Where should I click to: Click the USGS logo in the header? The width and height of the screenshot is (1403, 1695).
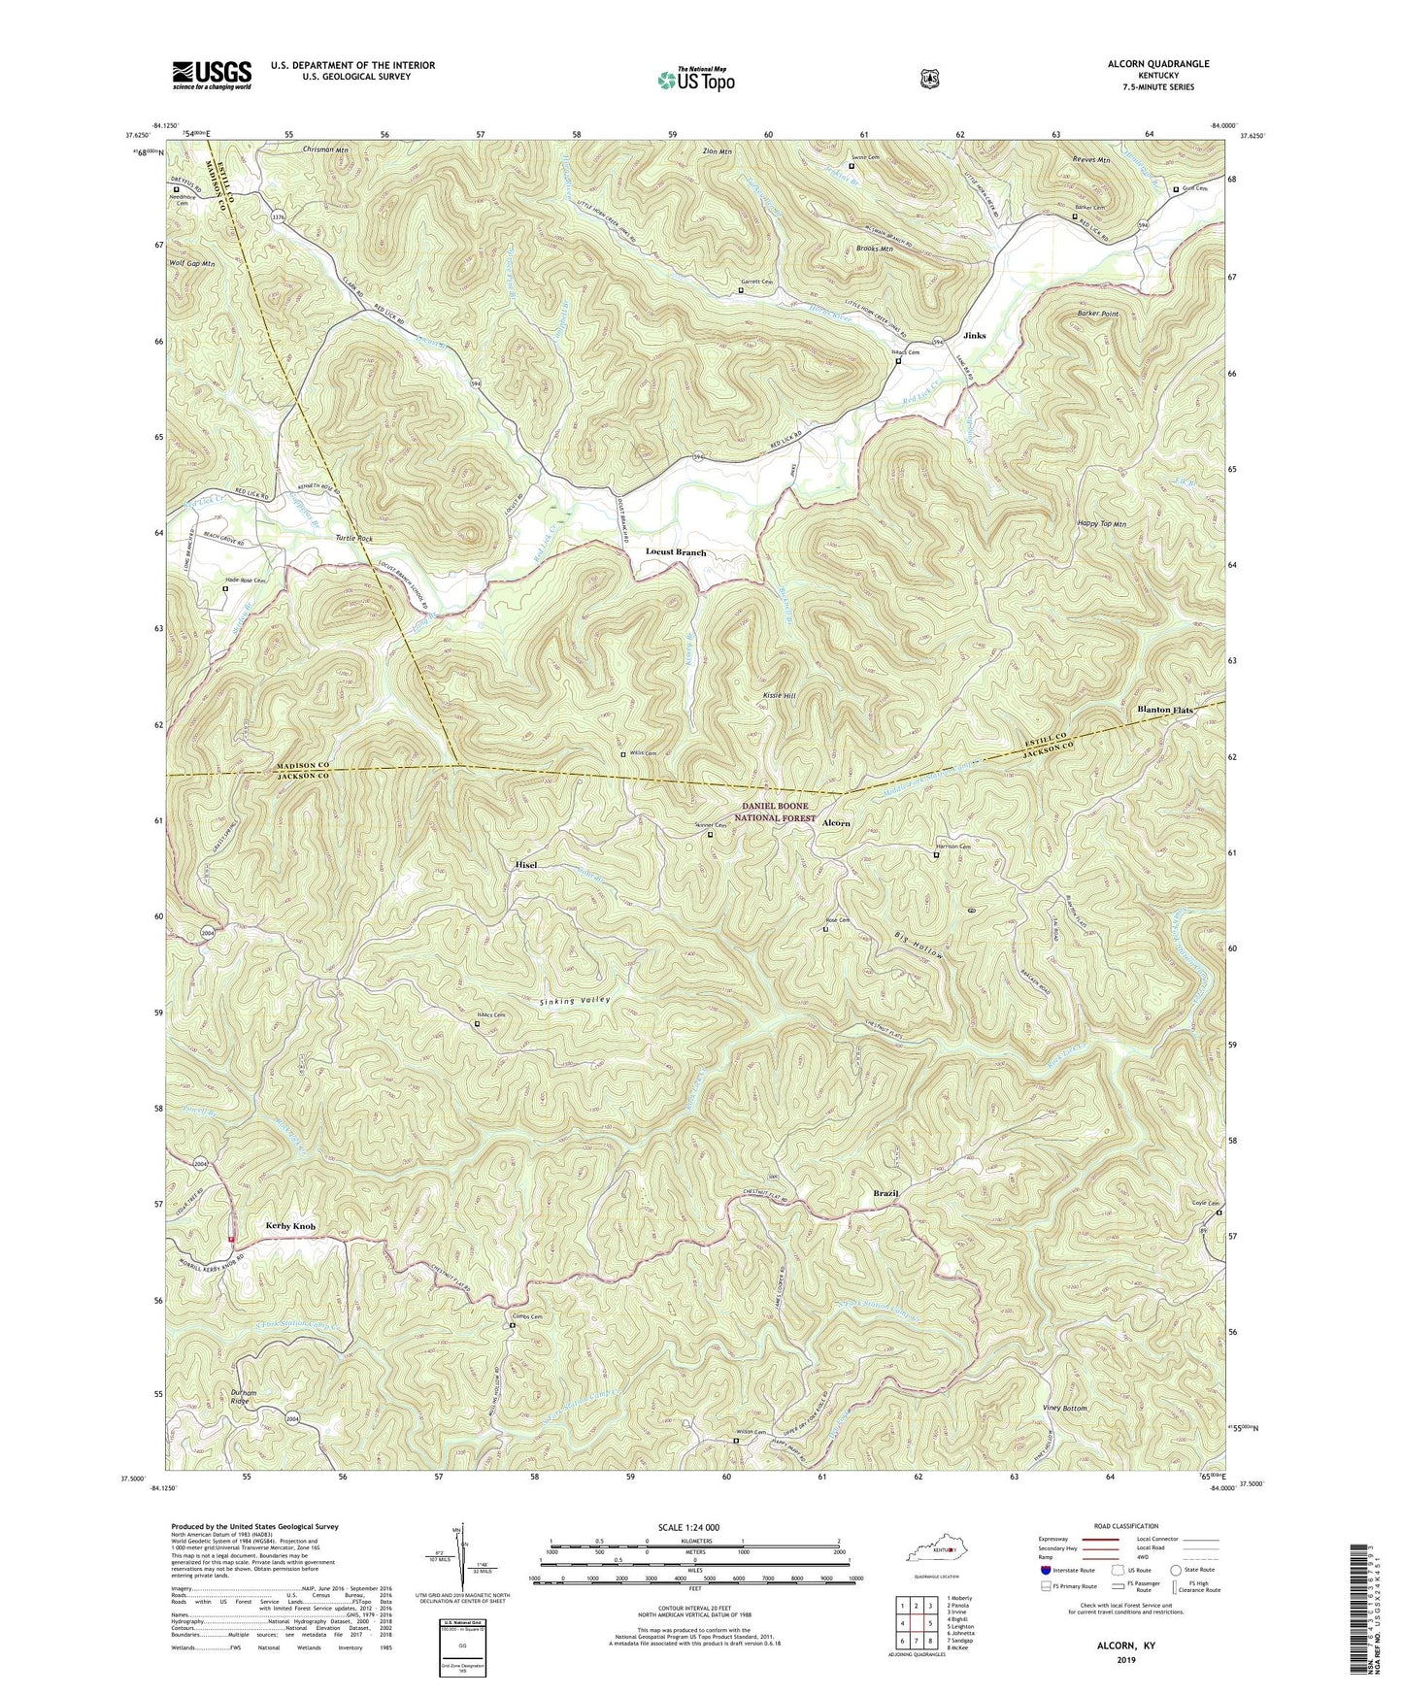tap(212, 74)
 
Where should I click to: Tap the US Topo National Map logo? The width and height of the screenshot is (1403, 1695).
tap(695, 79)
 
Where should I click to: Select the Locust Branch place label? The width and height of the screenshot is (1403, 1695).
tap(676, 552)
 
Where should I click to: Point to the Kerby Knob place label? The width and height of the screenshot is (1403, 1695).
tap(290, 1226)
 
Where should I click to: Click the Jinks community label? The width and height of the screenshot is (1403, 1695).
tap(974, 336)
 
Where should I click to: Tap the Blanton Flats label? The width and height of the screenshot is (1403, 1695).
tap(1165, 711)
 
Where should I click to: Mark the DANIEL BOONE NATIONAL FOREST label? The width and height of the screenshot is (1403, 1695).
tap(775, 812)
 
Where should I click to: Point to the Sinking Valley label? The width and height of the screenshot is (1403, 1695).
tap(576, 1000)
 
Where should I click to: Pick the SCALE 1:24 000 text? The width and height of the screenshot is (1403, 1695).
tap(688, 1527)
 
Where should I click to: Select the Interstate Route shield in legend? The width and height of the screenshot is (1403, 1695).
tap(1045, 1569)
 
